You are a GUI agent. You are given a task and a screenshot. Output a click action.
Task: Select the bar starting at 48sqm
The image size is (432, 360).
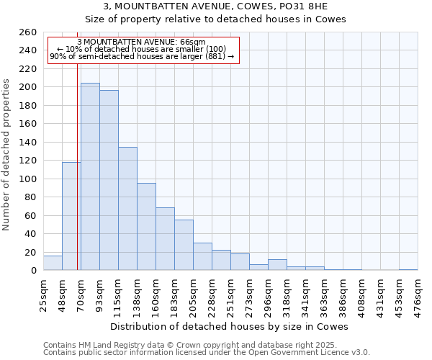coord(71,216)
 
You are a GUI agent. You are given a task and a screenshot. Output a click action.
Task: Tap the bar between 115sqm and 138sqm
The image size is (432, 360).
coord(127,209)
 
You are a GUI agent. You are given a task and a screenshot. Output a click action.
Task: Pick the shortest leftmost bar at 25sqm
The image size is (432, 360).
coord(53,264)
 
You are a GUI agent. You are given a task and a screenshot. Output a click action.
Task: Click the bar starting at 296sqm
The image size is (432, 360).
coord(277,265)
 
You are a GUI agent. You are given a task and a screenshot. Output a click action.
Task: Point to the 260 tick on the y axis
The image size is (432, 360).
coord(28,32)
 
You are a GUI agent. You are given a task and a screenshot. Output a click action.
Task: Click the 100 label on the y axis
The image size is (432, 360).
coord(28,179)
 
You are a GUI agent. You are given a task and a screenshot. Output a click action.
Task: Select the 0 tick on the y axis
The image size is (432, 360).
coord(33,271)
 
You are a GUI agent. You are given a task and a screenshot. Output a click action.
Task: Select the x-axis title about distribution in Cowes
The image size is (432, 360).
coord(230,326)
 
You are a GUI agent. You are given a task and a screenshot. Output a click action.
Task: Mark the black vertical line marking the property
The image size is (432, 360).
coord(77,173)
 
